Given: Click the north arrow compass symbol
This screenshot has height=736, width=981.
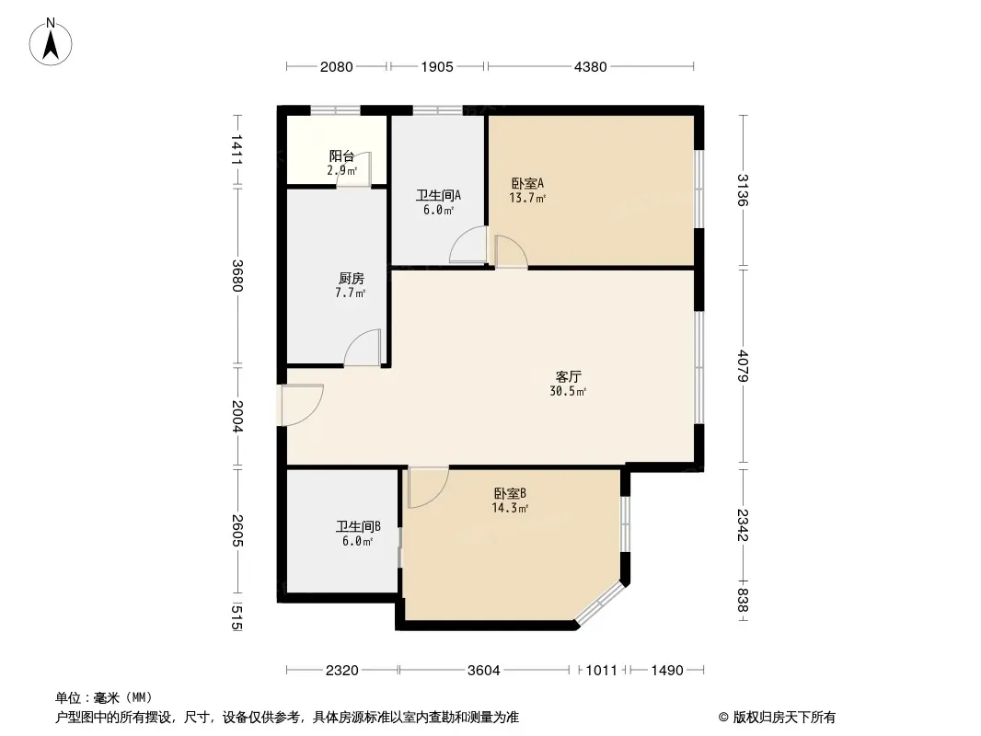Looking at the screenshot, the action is click(51, 42).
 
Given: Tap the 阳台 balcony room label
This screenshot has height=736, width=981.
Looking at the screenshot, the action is click(341, 156).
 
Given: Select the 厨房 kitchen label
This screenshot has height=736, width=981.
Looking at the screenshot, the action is click(351, 278).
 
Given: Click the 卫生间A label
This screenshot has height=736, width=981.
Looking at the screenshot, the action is click(439, 196).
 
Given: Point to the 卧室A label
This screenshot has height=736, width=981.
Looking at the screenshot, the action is click(527, 183).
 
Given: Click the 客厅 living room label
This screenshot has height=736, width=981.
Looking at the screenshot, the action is click(568, 376).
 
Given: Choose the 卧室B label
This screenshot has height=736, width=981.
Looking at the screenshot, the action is click(510, 493).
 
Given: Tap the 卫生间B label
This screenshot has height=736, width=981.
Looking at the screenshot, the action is click(358, 526).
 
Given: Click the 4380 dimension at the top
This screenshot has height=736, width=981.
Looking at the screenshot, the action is click(591, 66).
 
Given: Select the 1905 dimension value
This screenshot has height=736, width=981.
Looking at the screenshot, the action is click(437, 66).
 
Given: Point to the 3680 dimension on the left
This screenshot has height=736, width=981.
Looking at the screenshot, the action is click(237, 275).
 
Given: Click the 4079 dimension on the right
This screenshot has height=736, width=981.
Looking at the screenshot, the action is click(743, 366).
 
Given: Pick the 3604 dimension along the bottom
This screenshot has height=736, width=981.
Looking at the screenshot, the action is click(484, 671).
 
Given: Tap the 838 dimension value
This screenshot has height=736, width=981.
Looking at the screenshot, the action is click(743, 601).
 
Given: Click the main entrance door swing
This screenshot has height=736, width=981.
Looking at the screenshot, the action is click(302, 405).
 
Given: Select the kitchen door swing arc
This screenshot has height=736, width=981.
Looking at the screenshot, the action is click(363, 347).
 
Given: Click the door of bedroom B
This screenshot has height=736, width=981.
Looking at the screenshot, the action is click(429, 487).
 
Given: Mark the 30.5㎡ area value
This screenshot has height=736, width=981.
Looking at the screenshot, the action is click(568, 391).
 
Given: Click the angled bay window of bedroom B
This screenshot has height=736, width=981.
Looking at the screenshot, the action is click(600, 603).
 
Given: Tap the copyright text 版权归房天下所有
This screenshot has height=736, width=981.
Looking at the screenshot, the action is click(784, 718).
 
